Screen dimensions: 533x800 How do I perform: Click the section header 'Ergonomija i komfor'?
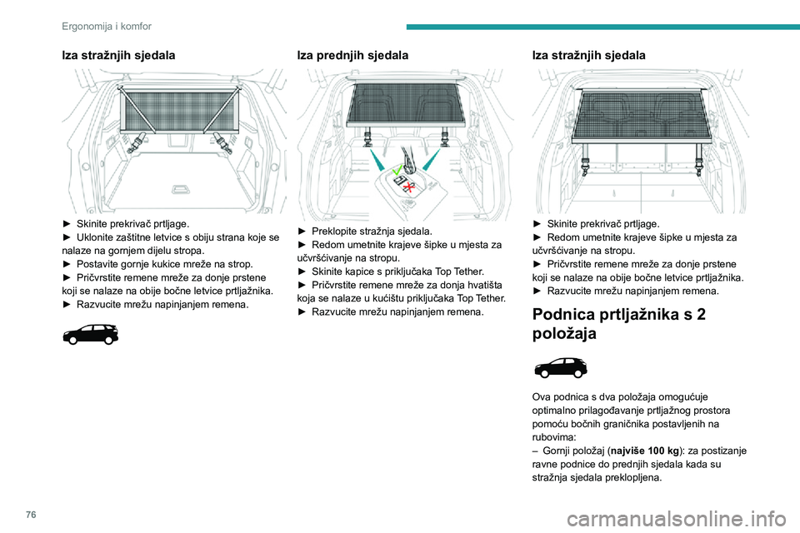tap(106, 26)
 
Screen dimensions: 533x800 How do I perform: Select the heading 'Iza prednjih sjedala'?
tap(352, 56)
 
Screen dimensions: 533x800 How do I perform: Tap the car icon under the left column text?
tap(89, 335)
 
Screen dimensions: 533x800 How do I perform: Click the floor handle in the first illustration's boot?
tap(178, 189)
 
